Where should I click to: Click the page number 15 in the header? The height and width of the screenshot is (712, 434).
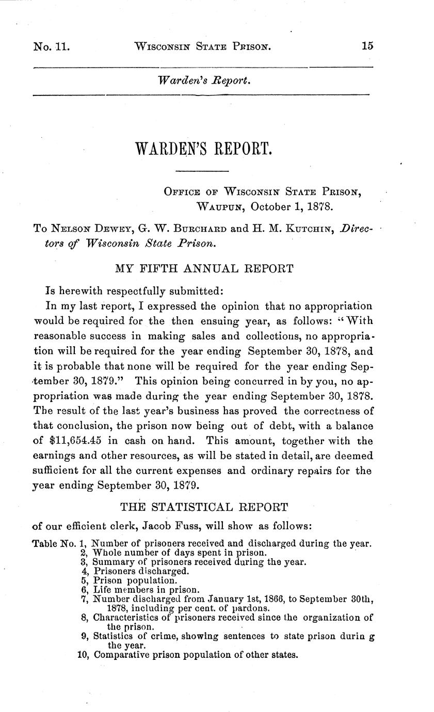(x=367, y=46)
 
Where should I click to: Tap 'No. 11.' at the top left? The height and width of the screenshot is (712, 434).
(x=51, y=46)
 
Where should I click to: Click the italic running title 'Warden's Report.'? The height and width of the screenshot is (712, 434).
(x=204, y=81)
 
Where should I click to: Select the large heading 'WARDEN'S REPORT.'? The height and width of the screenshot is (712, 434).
(x=202, y=149)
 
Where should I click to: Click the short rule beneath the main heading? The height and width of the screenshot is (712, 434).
(x=202, y=171)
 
